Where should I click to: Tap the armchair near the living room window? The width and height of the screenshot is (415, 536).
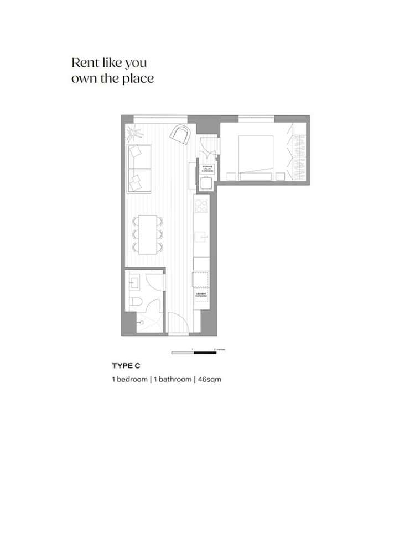[180, 134]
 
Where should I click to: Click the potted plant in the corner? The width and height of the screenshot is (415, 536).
[132, 132]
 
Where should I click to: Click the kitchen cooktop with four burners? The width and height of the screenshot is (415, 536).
[200, 206]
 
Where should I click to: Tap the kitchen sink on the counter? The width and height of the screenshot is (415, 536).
[201, 238]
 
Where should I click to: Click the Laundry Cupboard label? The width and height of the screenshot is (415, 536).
[200, 295]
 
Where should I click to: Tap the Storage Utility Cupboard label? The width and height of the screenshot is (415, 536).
[207, 168]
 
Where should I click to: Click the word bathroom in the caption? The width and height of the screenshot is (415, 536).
[171, 380]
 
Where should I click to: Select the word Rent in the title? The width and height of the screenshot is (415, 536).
[85, 62]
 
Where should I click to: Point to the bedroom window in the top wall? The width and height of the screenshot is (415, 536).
[256, 117]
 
